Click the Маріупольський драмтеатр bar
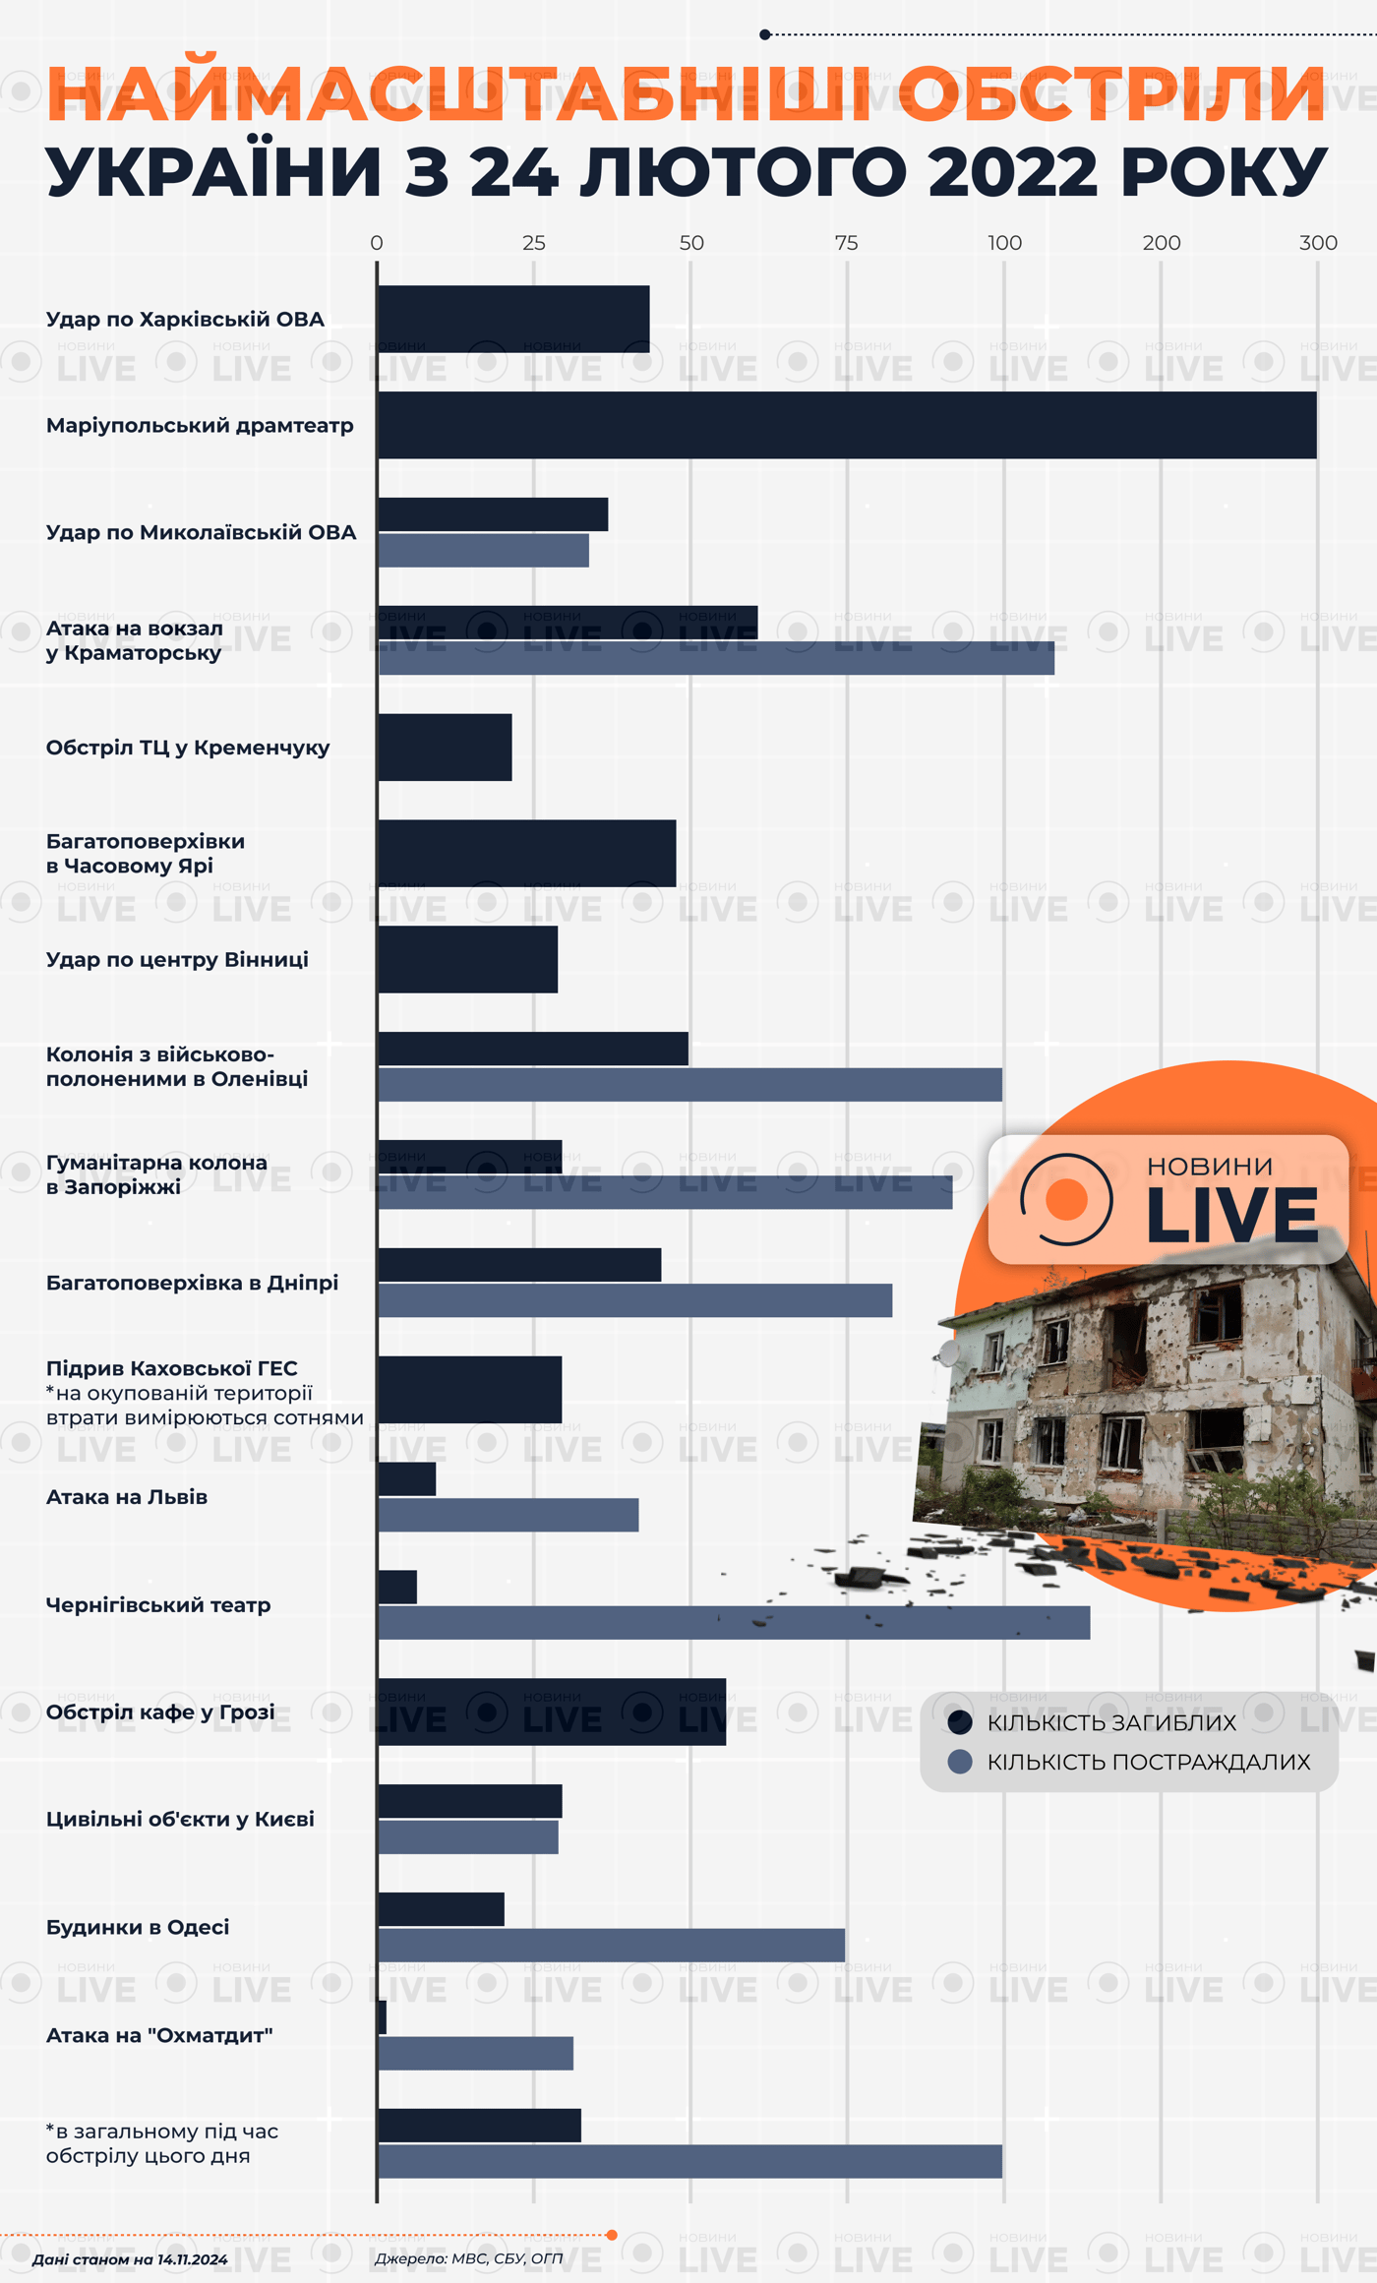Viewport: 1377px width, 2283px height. tap(847, 425)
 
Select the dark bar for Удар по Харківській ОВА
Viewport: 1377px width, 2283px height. tap(513, 319)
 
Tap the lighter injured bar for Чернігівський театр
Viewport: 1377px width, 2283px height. tap(734, 1623)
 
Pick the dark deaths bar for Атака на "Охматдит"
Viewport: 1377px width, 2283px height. tap(383, 2017)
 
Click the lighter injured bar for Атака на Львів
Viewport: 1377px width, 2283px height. tap(509, 1516)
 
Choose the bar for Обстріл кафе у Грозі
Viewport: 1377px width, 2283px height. tap(552, 1712)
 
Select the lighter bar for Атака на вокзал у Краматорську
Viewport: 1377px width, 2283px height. tap(716, 658)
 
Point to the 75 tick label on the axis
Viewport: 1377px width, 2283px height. tap(846, 243)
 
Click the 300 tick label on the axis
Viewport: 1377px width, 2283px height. tap(1318, 243)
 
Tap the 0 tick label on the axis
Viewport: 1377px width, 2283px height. tap(377, 243)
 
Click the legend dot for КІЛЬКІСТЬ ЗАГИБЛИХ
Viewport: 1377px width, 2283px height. tap(960, 1722)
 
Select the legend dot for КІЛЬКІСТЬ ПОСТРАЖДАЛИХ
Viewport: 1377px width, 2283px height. tap(960, 1762)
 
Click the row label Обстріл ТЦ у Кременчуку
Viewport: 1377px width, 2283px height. tap(188, 748)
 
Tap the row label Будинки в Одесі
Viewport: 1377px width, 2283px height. tap(138, 1927)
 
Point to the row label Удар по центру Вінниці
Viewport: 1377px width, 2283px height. tap(177, 959)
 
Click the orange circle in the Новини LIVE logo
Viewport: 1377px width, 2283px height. tap(1066, 1199)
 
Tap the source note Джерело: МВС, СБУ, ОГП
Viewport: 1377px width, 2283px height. tap(468, 2258)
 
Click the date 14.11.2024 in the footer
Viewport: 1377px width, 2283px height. tap(192, 2259)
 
